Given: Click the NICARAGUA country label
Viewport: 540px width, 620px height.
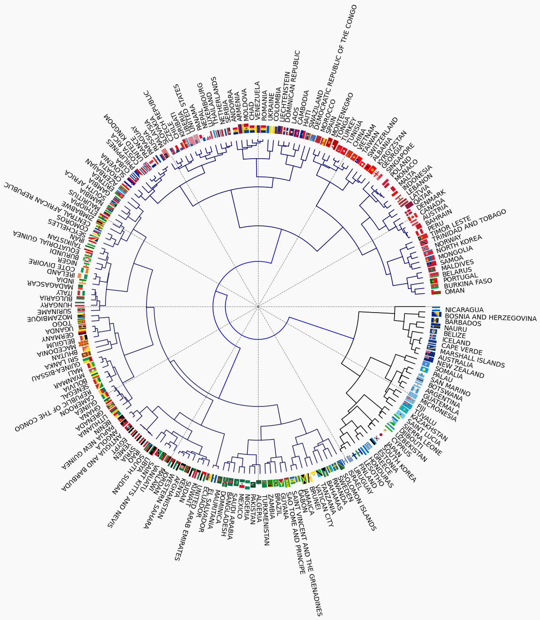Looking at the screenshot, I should [464, 310].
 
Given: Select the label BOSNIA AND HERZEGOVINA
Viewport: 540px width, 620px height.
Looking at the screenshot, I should [490, 318].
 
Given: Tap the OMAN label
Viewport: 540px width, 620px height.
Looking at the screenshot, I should [455, 291].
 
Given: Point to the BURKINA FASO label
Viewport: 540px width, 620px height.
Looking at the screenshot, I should [468, 283].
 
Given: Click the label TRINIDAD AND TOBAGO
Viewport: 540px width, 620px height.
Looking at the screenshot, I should [469, 226].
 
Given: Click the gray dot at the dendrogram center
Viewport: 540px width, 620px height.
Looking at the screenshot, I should [258, 307].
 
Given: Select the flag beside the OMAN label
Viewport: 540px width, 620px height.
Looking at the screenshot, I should [436, 292].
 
